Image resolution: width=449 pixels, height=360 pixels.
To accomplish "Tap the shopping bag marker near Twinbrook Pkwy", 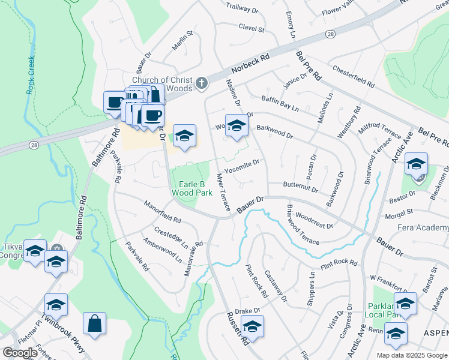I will click(x=94, y=324).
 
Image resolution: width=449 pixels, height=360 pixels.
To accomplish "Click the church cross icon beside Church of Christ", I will click(x=202, y=83).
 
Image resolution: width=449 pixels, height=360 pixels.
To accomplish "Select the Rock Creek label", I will click(x=31, y=75).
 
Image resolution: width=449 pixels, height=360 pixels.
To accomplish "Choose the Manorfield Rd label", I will click(x=163, y=211).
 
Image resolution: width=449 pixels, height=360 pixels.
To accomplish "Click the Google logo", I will click(x=20, y=352).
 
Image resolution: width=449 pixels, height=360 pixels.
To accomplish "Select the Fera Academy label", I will click(x=423, y=227).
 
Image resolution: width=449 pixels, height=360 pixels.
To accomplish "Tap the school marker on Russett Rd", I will click(x=253, y=328).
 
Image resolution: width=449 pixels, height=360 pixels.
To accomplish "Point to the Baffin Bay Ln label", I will click(x=279, y=103).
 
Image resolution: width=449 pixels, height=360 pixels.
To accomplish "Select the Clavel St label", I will click(x=252, y=28).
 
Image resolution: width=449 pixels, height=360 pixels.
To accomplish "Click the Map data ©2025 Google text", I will click(x=412, y=355).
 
